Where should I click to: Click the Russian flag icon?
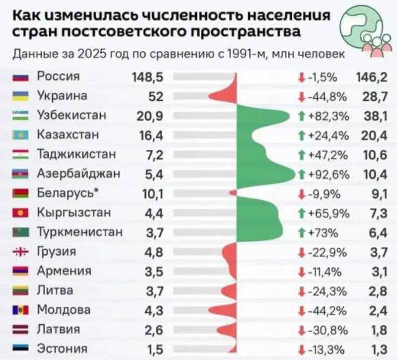pos(18,77)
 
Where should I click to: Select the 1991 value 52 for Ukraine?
pos(155,96)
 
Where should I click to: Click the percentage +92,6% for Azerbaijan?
pos(329,174)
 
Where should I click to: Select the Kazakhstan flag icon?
pos(18,135)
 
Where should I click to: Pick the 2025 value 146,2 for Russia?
pos(372,77)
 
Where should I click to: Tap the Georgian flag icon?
pos(18,252)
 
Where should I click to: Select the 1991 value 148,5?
pos(148,77)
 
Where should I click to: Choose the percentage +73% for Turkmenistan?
pos(325,232)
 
